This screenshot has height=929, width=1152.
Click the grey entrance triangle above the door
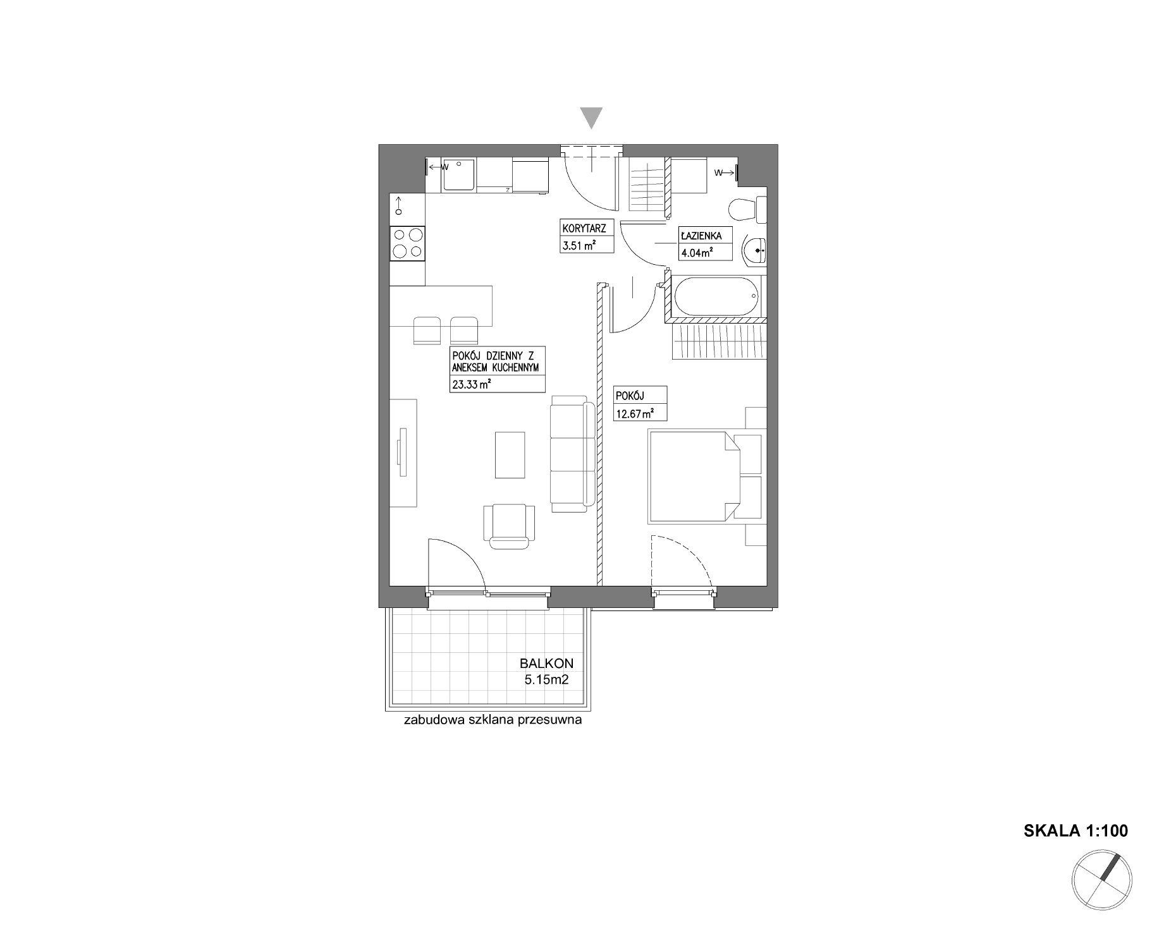591,118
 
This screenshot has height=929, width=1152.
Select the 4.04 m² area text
696,253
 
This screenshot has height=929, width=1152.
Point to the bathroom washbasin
755,250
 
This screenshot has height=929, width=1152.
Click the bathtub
717,297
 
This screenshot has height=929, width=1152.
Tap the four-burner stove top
407,243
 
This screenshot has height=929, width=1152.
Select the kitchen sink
458,174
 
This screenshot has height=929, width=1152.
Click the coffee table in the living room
510,455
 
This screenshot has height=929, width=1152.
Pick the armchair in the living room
509,526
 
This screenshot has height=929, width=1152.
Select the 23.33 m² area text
472,384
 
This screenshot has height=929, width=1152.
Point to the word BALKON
546,664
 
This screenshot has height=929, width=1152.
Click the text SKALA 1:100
1075,830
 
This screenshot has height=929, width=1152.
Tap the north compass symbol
1101,880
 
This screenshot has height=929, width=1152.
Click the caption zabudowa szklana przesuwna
493,720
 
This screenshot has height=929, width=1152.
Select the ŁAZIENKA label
701,236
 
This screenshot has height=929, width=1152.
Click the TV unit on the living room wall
403,452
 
